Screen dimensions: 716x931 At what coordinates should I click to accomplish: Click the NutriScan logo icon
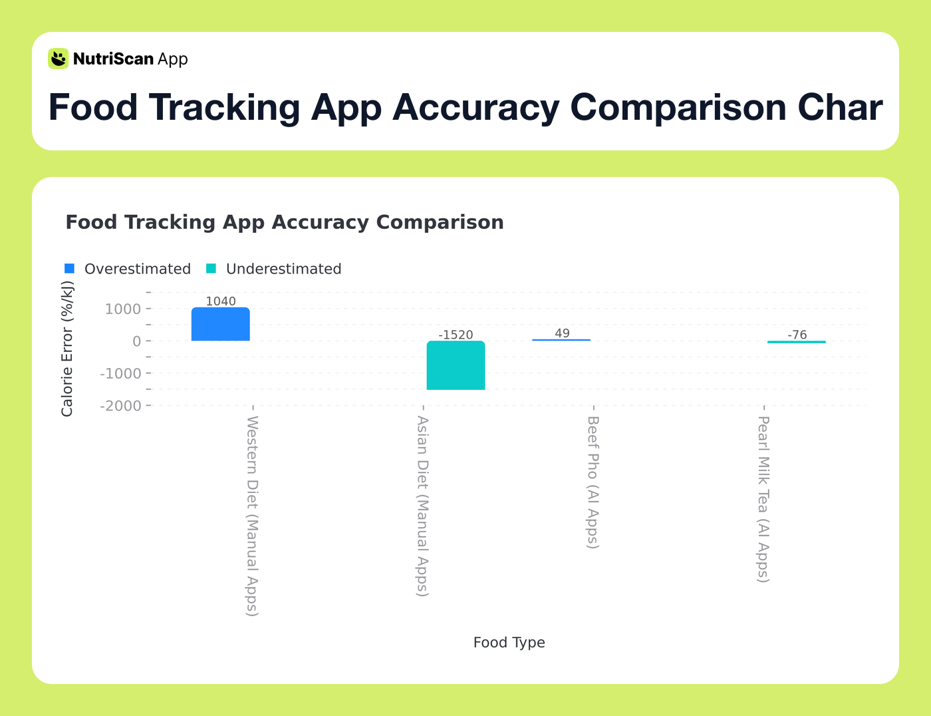[x=59, y=59]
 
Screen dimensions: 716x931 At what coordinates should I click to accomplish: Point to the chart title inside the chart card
[x=284, y=222]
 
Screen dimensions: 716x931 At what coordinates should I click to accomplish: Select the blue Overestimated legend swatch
[x=70, y=269]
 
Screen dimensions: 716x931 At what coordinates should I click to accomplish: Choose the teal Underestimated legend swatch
[x=211, y=269]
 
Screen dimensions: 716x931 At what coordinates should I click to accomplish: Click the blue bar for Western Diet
[x=221, y=324]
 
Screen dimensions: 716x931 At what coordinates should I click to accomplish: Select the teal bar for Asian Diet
[x=456, y=365]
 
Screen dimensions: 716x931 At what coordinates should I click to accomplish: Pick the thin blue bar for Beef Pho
[x=561, y=340]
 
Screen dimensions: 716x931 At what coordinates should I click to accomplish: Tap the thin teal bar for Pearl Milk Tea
[x=796, y=342]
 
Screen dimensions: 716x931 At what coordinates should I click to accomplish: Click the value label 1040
[x=221, y=301]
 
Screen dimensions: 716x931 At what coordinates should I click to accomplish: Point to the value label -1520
[x=456, y=335]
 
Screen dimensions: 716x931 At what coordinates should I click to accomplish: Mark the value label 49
[x=562, y=333]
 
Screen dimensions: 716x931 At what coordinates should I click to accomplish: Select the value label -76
[x=797, y=335]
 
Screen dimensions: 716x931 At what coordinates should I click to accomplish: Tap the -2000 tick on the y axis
[x=120, y=406]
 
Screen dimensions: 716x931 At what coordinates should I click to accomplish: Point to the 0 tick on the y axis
[x=136, y=341]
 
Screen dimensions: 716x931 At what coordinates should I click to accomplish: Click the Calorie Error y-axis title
[x=67, y=349]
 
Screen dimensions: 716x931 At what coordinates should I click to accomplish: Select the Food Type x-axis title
[x=509, y=643]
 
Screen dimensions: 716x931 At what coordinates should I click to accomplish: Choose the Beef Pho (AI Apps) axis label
[x=593, y=482]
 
